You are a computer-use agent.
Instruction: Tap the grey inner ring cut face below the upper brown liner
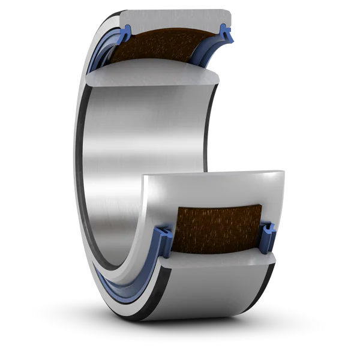156,74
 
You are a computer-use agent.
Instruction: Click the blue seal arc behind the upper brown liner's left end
105,57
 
